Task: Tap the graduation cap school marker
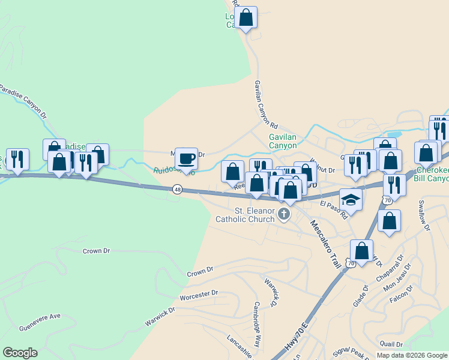351,200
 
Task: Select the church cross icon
284,213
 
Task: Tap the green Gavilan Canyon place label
282,141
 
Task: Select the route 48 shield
177,189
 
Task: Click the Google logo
20,353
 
